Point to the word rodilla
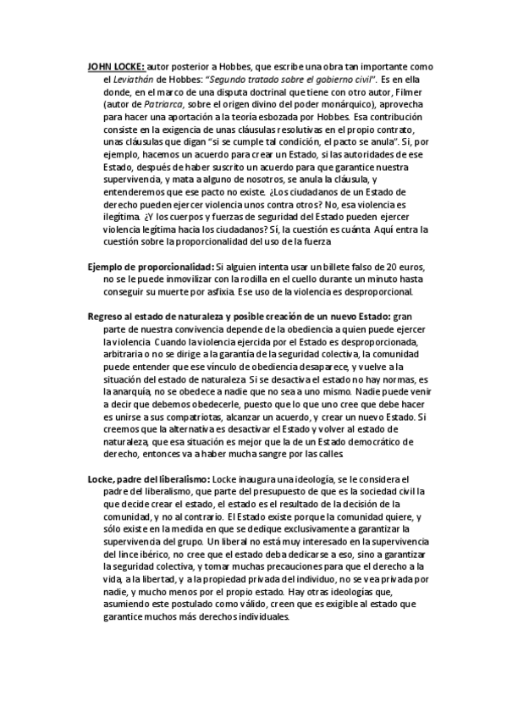point(283,280)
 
